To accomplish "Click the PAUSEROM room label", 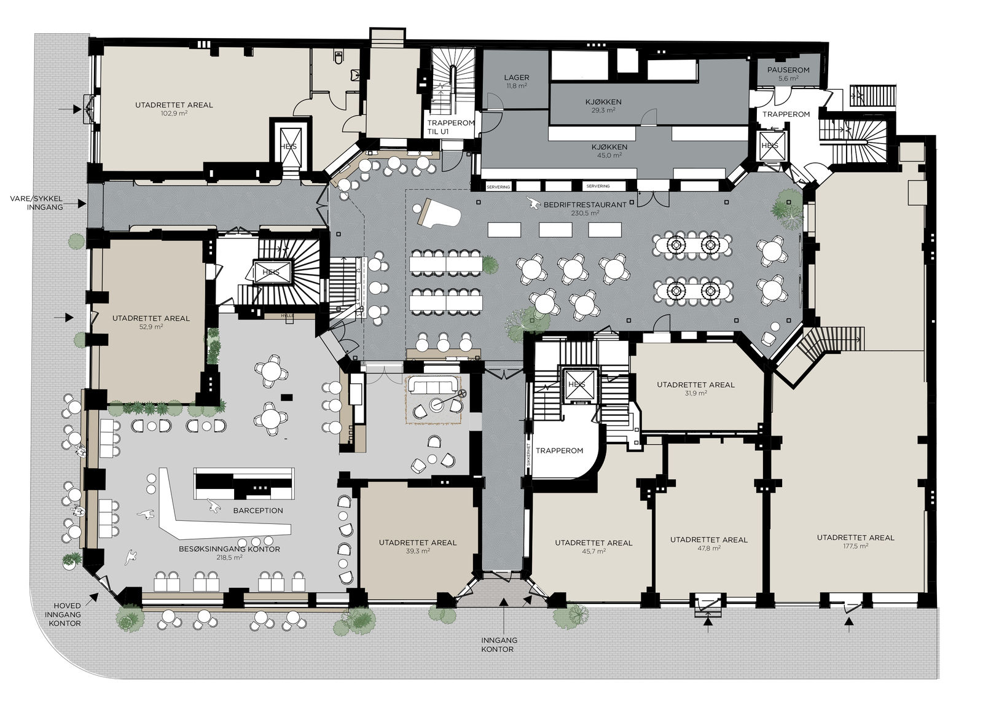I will [x=788, y=70].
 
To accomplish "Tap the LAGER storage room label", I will [x=516, y=78].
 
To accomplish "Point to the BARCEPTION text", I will [x=258, y=510].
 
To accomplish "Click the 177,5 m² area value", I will [x=855, y=546].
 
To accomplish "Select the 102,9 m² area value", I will [x=174, y=114].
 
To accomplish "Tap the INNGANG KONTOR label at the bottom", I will [x=498, y=644].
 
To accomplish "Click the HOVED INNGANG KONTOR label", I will [x=63, y=614].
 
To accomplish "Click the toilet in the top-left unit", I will [x=337, y=57].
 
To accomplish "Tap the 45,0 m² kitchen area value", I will [x=609, y=155].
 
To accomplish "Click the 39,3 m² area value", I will [x=418, y=551].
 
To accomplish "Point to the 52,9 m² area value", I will [x=151, y=327].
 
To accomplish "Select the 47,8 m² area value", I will [x=708, y=549].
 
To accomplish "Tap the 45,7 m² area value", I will [x=593, y=551].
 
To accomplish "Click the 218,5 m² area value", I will [x=230, y=558].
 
